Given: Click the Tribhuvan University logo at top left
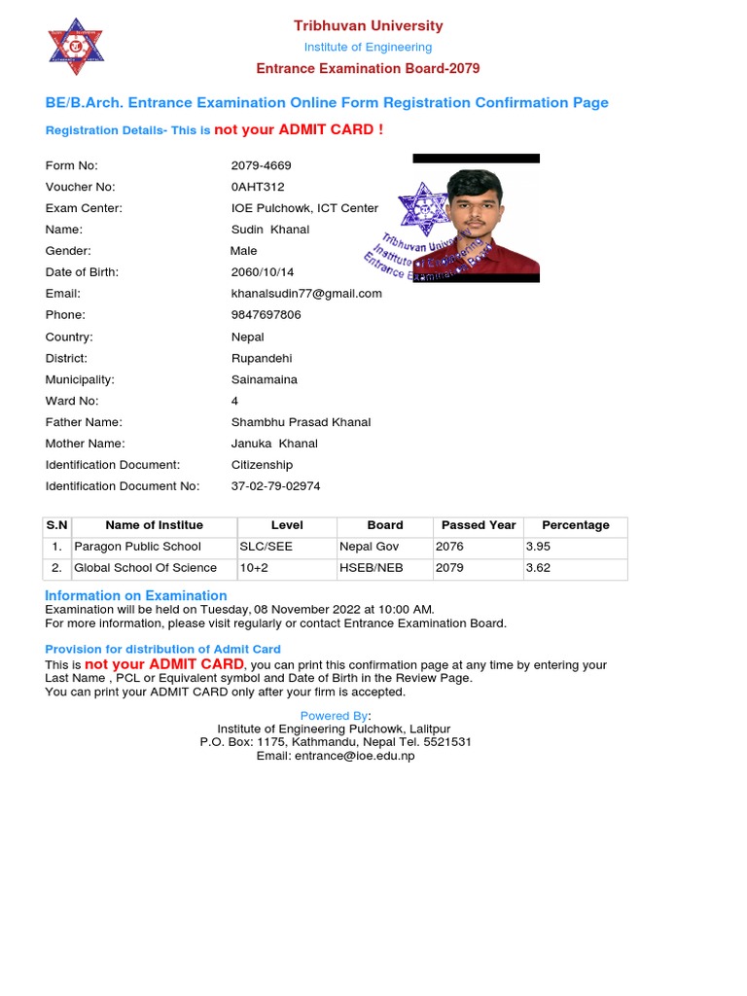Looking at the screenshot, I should click(76, 47).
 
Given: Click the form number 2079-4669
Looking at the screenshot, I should click(261, 165).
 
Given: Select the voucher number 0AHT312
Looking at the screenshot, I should click(258, 187).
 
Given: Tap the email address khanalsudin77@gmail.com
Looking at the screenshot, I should click(306, 293).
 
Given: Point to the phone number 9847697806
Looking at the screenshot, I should click(267, 314).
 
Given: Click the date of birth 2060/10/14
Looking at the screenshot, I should click(263, 272).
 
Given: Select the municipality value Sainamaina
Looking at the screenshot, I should click(265, 379).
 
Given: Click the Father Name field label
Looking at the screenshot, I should click(84, 422).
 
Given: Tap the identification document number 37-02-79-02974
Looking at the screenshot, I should click(276, 486).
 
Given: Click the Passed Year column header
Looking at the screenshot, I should click(479, 525).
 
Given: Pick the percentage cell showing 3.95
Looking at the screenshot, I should click(538, 547).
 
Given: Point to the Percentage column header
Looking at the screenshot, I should click(576, 525).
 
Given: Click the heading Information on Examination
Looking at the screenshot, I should click(136, 595).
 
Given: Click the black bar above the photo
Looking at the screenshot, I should click(476, 158).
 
